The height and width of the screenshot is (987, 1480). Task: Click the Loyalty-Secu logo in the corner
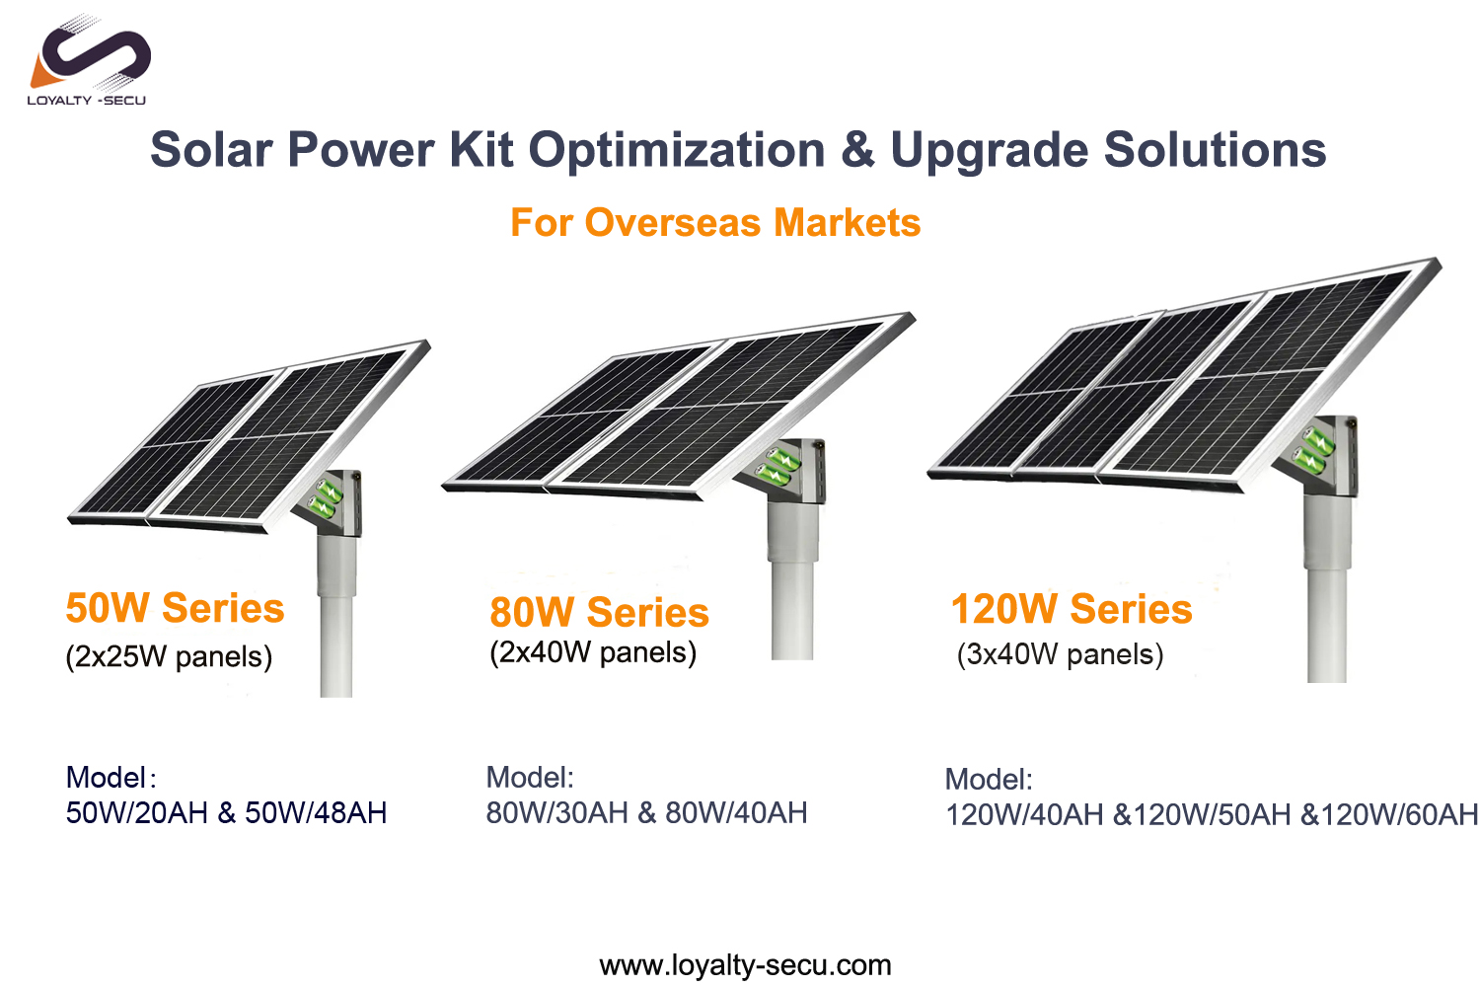89,59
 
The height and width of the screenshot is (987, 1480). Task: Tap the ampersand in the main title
857,149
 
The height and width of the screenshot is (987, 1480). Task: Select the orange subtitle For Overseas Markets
715,222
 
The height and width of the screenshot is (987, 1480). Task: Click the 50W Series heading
175,608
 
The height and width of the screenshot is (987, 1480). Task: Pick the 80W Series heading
599,612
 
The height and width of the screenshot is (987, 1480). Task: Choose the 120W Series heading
1072,608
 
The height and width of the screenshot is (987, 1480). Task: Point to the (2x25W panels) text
169,657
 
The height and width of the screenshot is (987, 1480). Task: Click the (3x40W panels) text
1061,654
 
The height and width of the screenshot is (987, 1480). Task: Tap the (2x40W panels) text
593,652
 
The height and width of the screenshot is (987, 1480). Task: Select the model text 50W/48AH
316,813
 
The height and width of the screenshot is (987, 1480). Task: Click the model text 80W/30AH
557,813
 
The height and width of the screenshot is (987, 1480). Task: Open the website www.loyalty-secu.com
745,966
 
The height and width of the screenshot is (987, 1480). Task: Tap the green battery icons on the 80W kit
778,467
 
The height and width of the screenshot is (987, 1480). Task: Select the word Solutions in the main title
1215,149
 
